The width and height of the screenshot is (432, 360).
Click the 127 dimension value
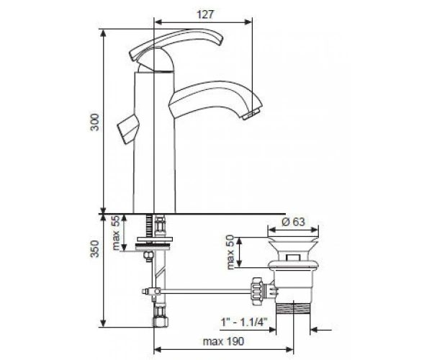point(205,14)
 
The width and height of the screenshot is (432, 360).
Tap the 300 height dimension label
point(94,122)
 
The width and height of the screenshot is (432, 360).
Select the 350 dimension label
point(94,248)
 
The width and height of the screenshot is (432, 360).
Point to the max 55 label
point(116,233)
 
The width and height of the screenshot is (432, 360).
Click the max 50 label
point(230,252)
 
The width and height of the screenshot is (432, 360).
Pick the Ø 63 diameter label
point(293,222)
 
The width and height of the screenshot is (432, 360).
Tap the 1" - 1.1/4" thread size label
point(244,321)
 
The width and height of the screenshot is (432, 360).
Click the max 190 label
point(223,341)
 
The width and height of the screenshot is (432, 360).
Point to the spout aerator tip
point(251,114)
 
